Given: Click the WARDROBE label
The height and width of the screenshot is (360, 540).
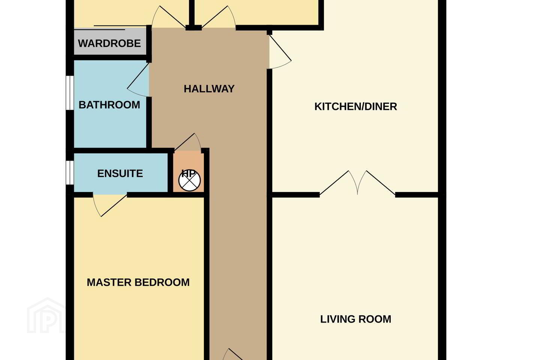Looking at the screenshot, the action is point(109,43).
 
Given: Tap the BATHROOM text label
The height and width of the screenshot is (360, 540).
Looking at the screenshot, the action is point(109,105).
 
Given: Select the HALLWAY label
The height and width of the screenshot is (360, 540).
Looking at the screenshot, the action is point(209,89).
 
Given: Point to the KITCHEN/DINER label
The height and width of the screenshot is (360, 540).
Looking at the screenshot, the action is point(355,106).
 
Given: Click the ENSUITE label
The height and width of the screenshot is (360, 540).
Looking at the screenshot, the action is point(120,174).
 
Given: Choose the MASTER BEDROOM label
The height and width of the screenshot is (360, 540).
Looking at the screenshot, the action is point(138,282).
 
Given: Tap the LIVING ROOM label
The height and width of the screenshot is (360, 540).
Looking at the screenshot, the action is point(355,319).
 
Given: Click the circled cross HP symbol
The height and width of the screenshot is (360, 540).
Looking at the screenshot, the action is point(189,180).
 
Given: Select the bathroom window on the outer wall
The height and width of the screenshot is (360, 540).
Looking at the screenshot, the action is point(70,93).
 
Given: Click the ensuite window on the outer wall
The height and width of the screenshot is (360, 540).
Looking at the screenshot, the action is point(70,172).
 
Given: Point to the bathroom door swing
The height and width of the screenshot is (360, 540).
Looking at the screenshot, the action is point(138,79).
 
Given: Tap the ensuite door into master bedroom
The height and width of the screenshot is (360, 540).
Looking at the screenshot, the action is point(109,205).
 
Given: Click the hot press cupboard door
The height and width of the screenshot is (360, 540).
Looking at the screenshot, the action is point(188,142).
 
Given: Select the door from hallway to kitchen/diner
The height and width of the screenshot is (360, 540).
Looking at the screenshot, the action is point(280,52).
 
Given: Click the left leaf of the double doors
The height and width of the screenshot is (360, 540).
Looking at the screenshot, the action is point(339,183).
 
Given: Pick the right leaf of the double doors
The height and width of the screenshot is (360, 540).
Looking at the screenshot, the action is point(376,183).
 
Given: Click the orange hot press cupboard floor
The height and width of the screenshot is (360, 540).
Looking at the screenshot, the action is point(189,171).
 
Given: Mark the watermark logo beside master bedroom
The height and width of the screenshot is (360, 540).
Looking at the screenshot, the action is point(46,315).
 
